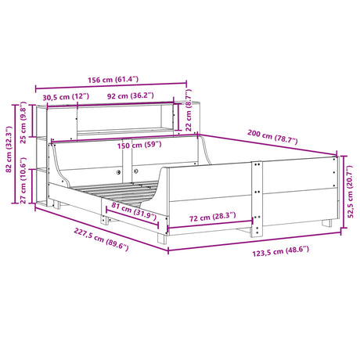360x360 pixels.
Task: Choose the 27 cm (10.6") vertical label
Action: point(23,187)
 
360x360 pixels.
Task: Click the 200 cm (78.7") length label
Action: point(268,138)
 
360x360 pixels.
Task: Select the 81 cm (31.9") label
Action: point(131,209)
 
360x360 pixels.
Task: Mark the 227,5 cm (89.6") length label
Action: point(80,242)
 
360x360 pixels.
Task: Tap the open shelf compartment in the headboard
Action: point(129,119)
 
